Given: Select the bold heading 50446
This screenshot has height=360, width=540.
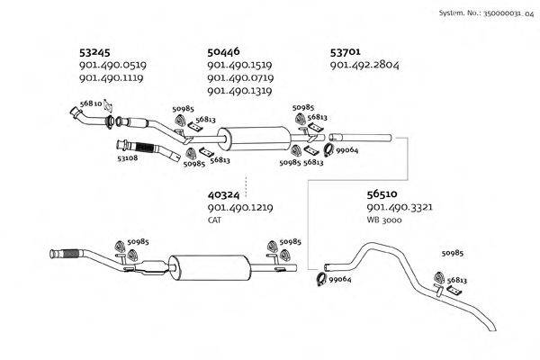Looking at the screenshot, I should pos(224,51).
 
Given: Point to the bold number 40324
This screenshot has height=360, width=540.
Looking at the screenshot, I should pos(224,193).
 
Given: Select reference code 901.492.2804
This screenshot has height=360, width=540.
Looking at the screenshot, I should pos(365,65).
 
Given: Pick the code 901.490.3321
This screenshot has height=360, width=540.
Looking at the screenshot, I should pos(400,207).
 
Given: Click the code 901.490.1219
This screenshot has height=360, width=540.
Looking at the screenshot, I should pos(240,207).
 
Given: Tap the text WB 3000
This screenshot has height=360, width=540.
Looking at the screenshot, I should pos(386,220).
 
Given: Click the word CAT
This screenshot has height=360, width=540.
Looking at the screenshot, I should pos(214,220).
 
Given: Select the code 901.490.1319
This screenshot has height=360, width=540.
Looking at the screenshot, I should pos(240,91).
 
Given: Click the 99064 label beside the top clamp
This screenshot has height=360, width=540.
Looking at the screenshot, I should pos(346,150).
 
